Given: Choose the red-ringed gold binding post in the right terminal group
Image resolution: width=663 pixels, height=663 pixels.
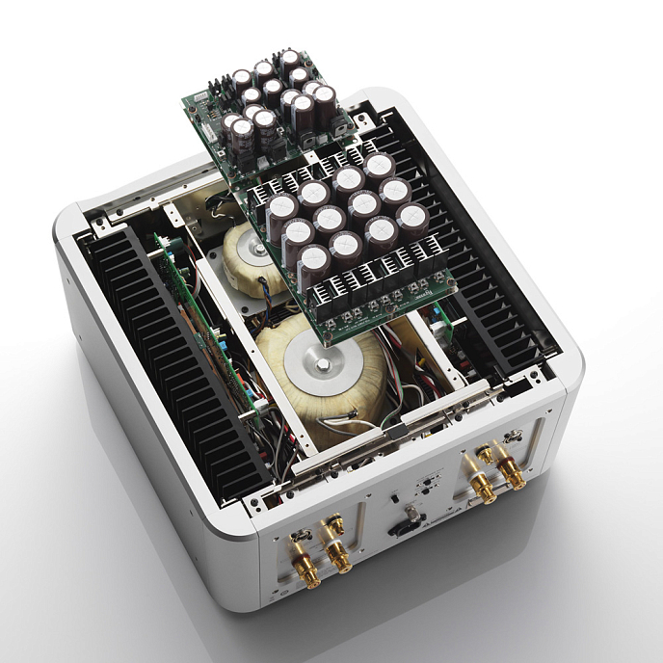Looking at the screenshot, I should (510, 475).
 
